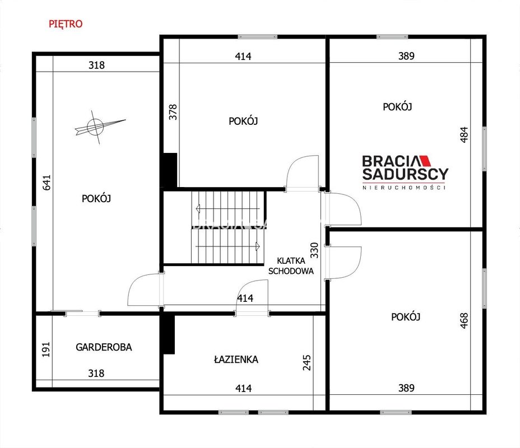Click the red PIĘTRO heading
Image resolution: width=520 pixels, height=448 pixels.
66,24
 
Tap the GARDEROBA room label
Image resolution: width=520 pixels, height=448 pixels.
104,347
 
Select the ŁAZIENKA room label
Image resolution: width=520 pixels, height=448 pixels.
236,359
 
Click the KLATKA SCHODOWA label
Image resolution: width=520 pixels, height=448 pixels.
291,266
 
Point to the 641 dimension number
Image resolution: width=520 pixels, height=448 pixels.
47,183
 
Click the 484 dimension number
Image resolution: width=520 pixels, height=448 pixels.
465,134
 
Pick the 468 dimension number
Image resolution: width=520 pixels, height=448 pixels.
464,320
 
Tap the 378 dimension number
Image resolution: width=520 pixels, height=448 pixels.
173,112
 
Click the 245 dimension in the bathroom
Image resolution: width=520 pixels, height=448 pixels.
307,362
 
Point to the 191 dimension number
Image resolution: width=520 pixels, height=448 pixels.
46,349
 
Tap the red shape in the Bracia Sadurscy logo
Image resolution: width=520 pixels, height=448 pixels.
425,161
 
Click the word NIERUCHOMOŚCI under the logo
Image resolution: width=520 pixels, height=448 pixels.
404,188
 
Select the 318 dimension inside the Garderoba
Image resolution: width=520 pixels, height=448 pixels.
96,374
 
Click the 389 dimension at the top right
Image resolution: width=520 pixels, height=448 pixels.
406,56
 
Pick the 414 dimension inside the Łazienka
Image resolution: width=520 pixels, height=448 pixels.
243,388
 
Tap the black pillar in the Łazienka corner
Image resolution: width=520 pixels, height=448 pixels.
169,334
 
